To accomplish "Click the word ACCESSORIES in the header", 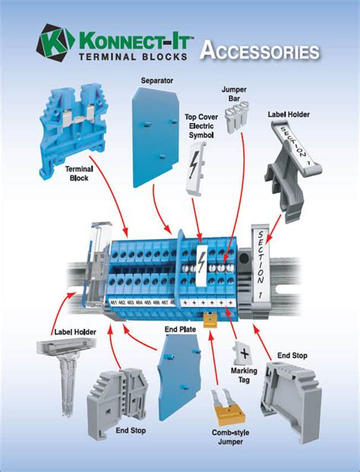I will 259,51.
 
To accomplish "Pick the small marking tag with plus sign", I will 244,352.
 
